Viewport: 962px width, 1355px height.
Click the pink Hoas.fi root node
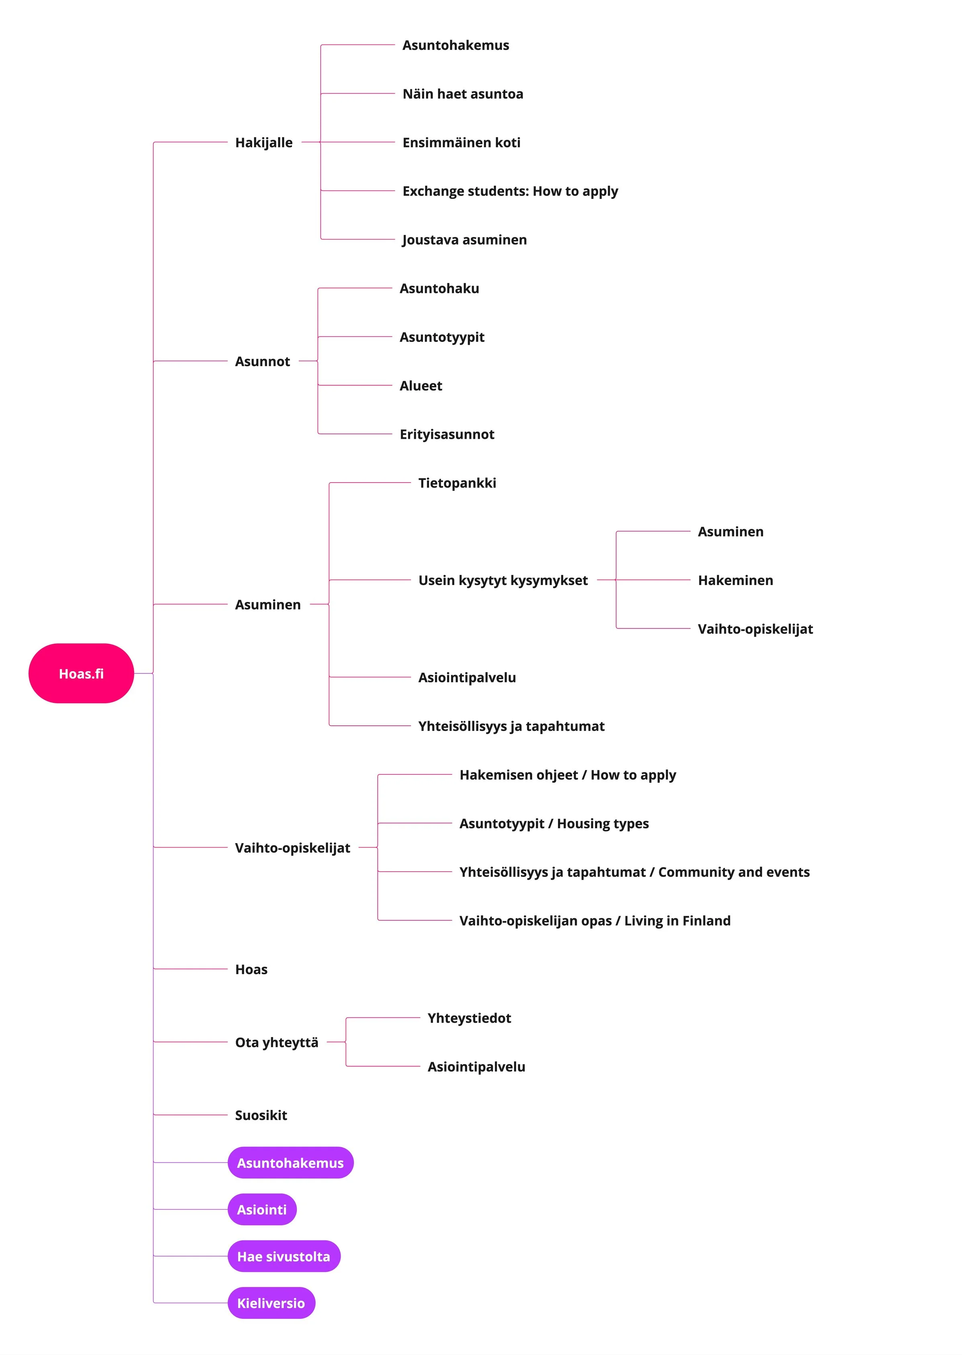(81, 673)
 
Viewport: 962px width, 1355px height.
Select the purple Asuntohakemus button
(290, 1163)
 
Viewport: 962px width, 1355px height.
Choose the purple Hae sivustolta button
(284, 1256)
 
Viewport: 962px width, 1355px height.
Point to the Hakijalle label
(263, 142)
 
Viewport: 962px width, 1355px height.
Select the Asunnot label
(262, 361)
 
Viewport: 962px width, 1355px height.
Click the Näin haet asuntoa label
(463, 94)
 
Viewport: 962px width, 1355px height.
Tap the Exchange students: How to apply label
(510, 191)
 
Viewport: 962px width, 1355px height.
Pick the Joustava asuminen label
(464, 239)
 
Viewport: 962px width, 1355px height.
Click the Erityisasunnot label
(447, 434)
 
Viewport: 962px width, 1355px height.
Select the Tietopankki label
(457, 483)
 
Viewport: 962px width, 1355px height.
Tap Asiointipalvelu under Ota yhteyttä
(476, 1066)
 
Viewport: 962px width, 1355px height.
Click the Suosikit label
(261, 1115)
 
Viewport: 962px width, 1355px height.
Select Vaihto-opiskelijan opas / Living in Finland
(595, 921)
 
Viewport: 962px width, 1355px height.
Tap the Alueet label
(421, 386)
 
